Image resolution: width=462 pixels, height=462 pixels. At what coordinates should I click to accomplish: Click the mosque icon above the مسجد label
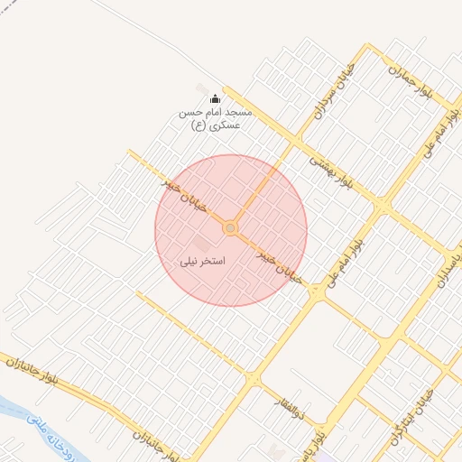pos(215,99)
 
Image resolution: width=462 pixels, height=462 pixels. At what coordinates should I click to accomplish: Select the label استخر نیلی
pos(203,260)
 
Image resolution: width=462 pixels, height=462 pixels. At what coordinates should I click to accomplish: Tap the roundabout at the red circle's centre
pos(230,229)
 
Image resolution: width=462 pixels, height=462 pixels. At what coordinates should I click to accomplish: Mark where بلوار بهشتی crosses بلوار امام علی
pos(384,208)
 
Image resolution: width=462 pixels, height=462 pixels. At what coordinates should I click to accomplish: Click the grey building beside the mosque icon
pos(202,88)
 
